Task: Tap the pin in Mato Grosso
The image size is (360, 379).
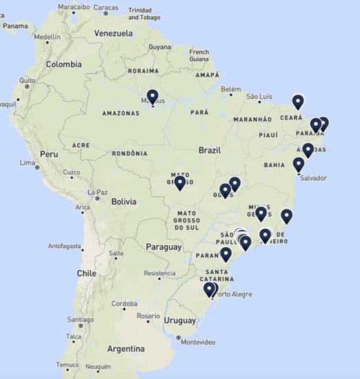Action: pyautogui.click(x=180, y=182)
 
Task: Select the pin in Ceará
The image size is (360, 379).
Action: pyautogui.click(x=298, y=101)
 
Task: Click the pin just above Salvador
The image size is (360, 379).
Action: pyautogui.click(x=299, y=164)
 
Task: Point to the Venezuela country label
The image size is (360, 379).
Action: pyautogui.click(x=113, y=33)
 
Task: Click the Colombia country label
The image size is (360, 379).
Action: pyautogui.click(x=63, y=64)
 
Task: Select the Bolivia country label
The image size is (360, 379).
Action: pyautogui.click(x=123, y=202)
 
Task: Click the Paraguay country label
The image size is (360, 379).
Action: pyautogui.click(x=163, y=247)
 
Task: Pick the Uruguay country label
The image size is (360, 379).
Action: pyautogui.click(x=180, y=320)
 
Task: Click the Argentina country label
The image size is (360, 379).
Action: pyautogui.click(x=126, y=348)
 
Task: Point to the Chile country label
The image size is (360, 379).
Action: pyautogui.click(x=86, y=273)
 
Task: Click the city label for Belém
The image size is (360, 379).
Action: pyautogui.click(x=231, y=89)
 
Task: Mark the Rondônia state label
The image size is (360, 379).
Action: pyautogui.click(x=129, y=154)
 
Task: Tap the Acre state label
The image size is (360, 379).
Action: pyautogui.click(x=81, y=145)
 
